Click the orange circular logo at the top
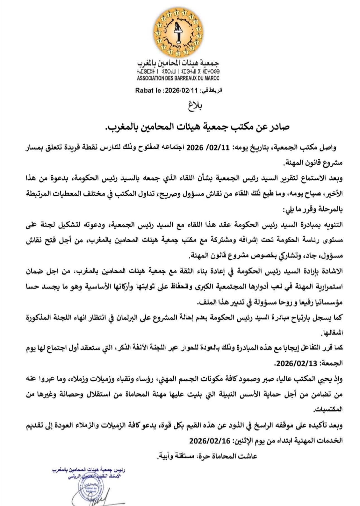pyautogui.click(x=179, y=33)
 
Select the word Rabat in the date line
pyautogui.click(x=144, y=90)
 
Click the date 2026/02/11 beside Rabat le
pyautogui.click(x=181, y=90)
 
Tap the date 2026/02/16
pyautogui.click(x=210, y=441)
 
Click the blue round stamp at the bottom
pyautogui.click(x=89, y=488)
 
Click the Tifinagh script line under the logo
pyautogui.click(x=178, y=72)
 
